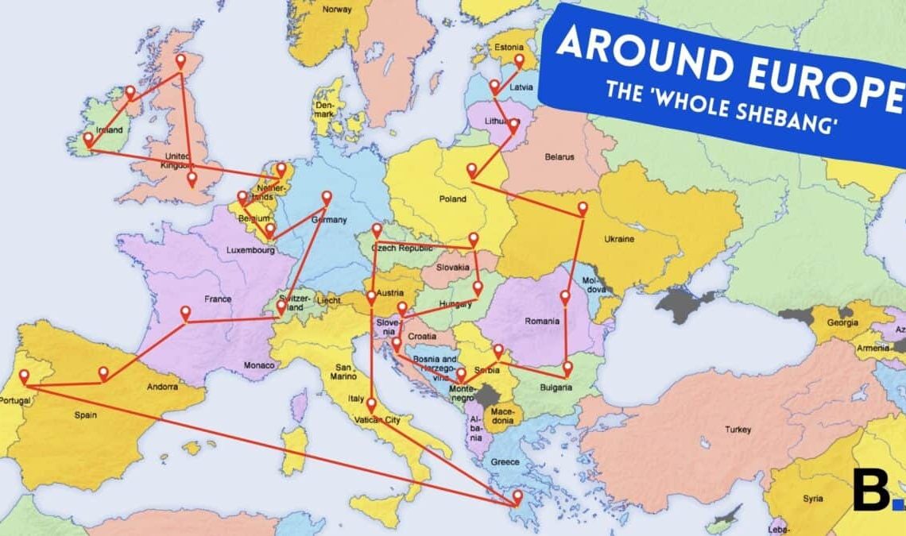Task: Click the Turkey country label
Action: (x=737, y=430)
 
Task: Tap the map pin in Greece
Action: (x=517, y=497)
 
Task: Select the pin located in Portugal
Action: (x=24, y=376)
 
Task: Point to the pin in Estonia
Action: (x=520, y=60)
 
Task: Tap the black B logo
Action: (x=870, y=489)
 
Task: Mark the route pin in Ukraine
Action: (x=583, y=208)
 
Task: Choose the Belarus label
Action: (x=559, y=156)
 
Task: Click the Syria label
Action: (x=812, y=499)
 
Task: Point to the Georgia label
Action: (x=842, y=323)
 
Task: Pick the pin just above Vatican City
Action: (x=370, y=405)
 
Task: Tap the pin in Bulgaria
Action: (x=567, y=368)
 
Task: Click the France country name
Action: (x=217, y=299)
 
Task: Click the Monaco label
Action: (x=260, y=365)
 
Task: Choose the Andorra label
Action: (x=162, y=388)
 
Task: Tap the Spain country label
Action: (x=85, y=414)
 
